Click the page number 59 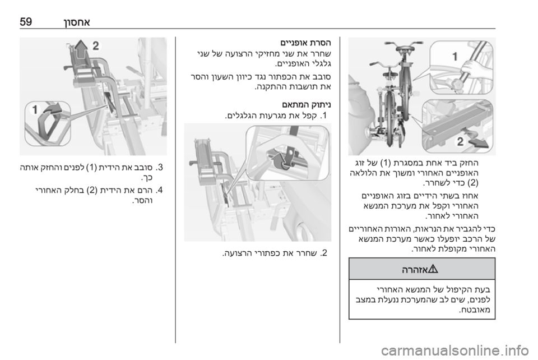click(x=26, y=22)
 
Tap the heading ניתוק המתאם click(x=307, y=104)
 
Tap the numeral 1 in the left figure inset click(x=35, y=110)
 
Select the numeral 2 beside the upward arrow click(x=96, y=45)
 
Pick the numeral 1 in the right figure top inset click(x=454, y=56)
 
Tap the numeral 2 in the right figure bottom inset click(x=461, y=141)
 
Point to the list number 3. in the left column click(x=159, y=168)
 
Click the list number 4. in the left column click(x=159, y=190)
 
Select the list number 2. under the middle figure click(x=323, y=253)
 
